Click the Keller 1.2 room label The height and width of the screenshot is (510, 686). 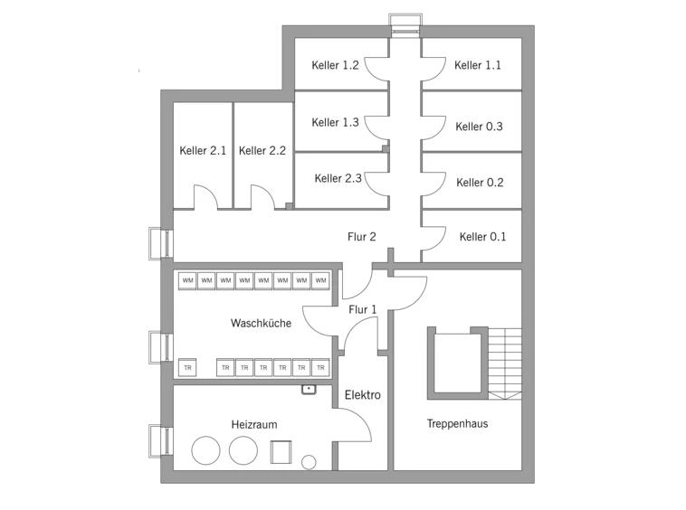[335, 65]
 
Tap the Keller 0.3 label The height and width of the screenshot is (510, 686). [479, 127]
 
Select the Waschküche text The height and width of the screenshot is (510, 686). [261, 323]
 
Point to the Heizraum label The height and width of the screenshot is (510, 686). [254, 424]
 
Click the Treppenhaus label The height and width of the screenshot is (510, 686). [457, 423]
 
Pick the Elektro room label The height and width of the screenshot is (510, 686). [363, 395]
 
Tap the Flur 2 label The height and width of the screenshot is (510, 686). [362, 237]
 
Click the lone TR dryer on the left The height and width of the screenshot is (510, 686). [187, 367]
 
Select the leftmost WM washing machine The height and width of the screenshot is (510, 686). [187, 280]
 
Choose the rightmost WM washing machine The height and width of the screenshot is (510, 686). [320, 280]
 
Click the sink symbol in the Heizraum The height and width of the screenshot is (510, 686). [309, 390]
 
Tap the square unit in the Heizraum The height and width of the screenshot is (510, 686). [281, 452]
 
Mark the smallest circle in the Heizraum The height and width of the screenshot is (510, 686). [309, 462]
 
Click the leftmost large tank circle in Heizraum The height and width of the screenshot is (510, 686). [205, 450]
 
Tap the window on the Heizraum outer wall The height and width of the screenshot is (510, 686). [161, 440]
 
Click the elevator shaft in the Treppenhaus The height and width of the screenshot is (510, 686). [457, 363]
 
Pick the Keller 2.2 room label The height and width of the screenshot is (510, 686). [262, 151]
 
